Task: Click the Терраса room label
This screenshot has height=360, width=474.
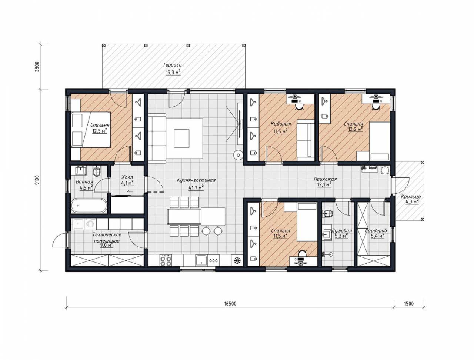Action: point(172,65)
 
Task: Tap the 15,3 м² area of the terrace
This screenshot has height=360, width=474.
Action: point(173,72)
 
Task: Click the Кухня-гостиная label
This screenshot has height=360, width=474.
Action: point(196,180)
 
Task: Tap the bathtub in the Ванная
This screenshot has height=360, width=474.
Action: point(89,206)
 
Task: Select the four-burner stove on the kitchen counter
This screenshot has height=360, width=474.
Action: point(166,261)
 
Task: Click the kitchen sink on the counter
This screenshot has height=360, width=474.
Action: point(201,260)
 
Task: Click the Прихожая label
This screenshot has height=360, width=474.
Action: point(325,179)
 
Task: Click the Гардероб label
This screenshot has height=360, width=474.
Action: point(376,231)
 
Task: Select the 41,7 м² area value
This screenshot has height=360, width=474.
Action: point(196,188)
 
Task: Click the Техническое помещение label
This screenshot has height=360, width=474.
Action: point(107,237)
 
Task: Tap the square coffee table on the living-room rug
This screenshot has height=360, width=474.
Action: point(181,138)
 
